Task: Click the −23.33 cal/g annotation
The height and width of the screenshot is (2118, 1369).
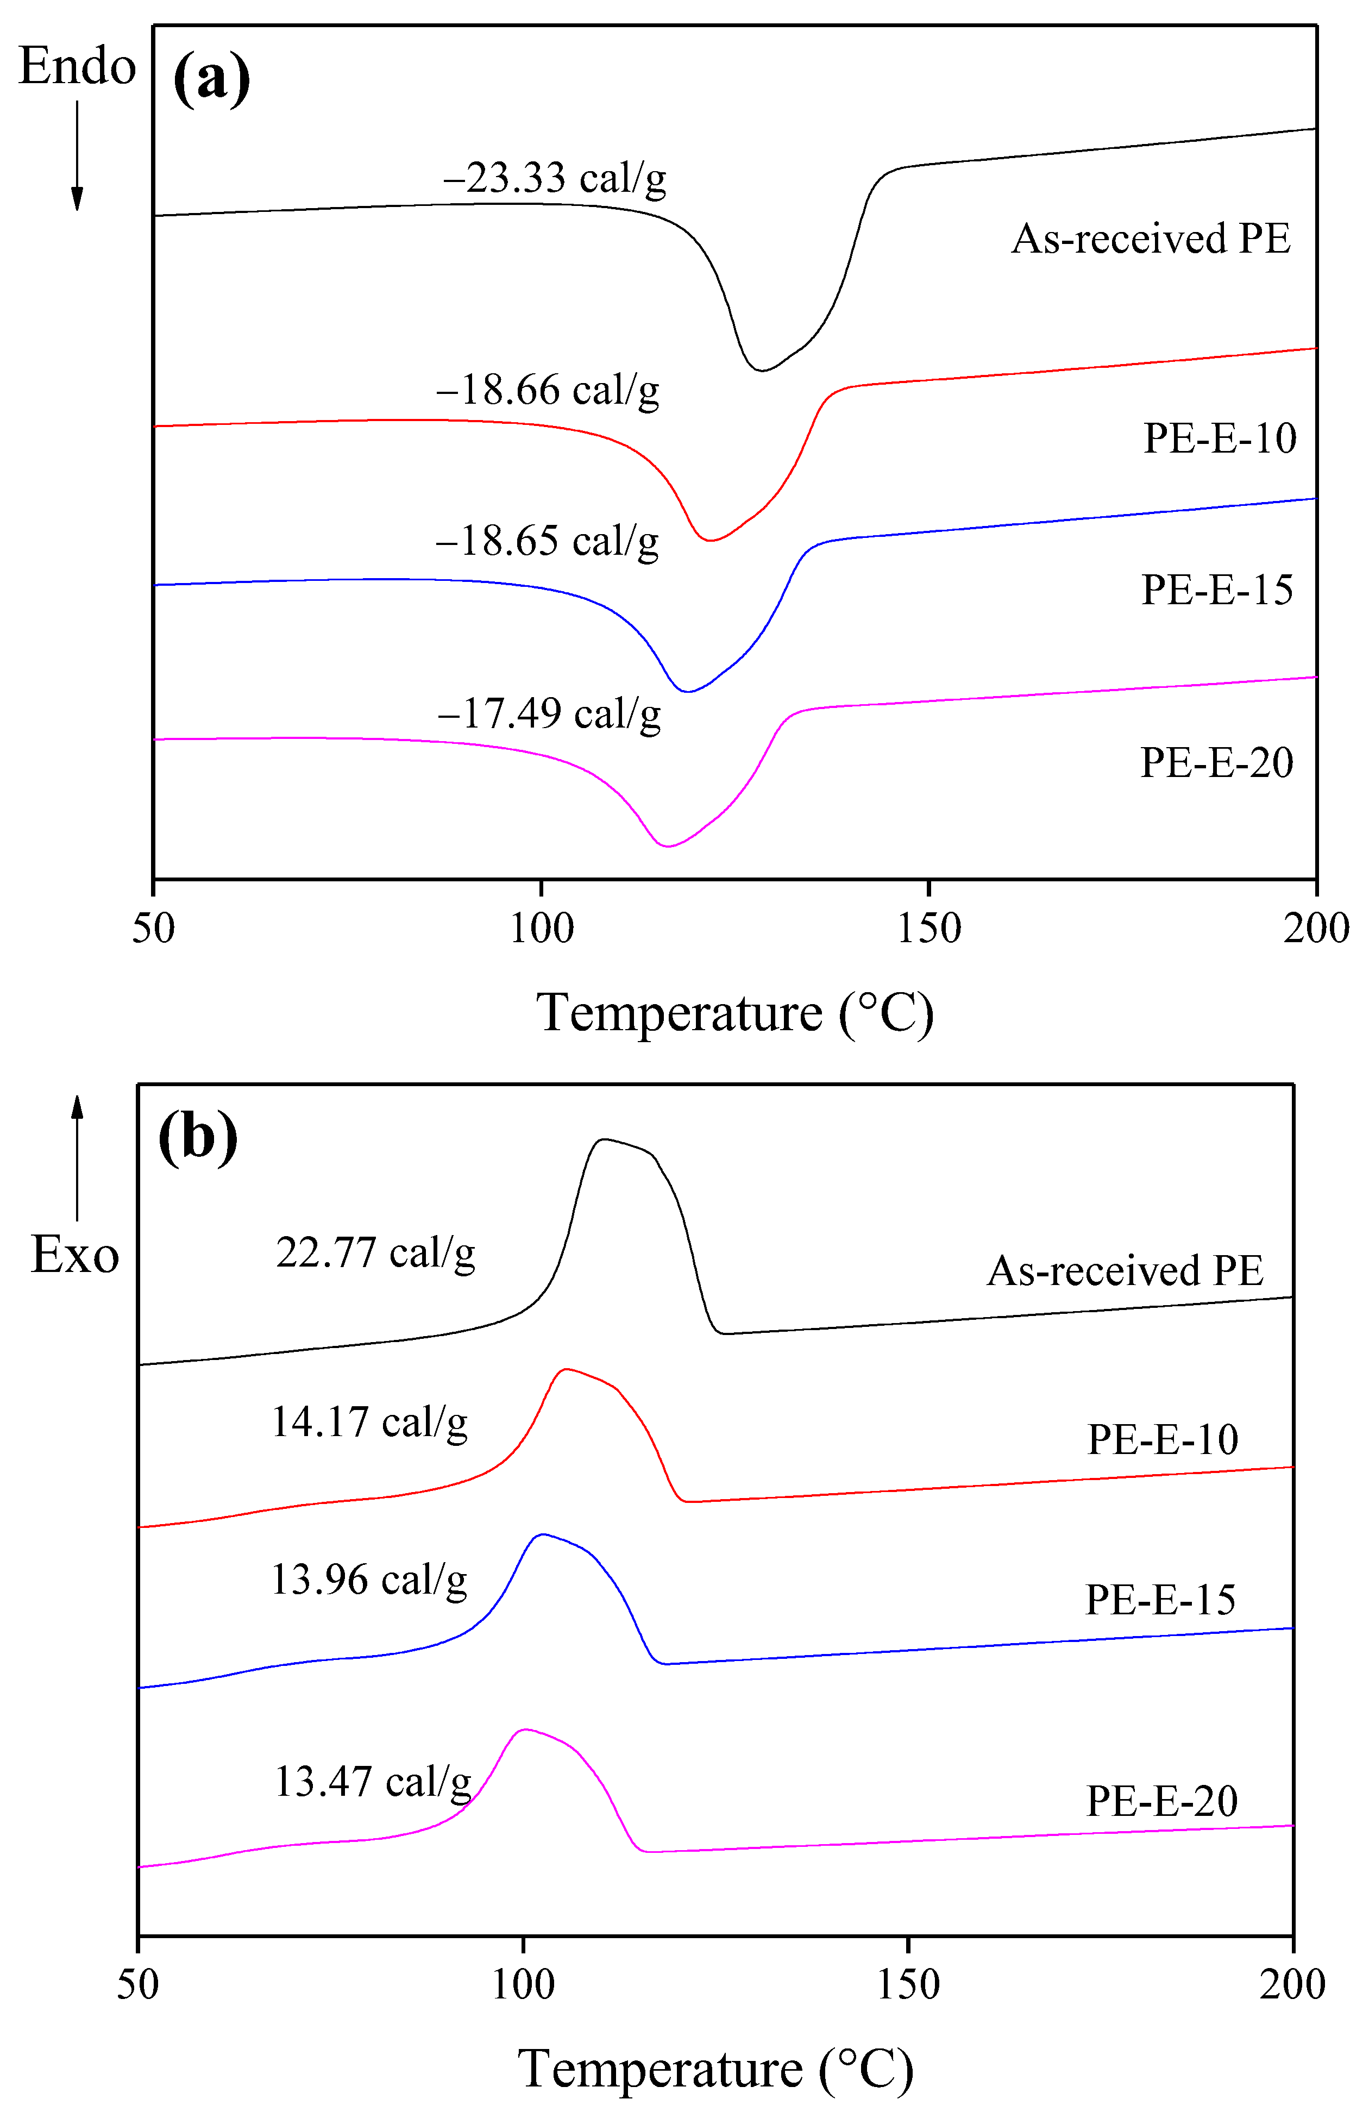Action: [555, 179]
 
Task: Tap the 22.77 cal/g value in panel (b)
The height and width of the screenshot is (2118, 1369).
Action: [375, 1253]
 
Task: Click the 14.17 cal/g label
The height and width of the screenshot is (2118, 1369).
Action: [369, 1422]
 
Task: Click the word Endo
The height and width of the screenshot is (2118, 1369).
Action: [77, 67]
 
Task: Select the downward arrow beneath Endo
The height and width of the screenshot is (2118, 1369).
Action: [77, 155]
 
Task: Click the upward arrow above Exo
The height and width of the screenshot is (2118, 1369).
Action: [77, 1156]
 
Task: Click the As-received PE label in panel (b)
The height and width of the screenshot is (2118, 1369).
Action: [1125, 1270]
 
